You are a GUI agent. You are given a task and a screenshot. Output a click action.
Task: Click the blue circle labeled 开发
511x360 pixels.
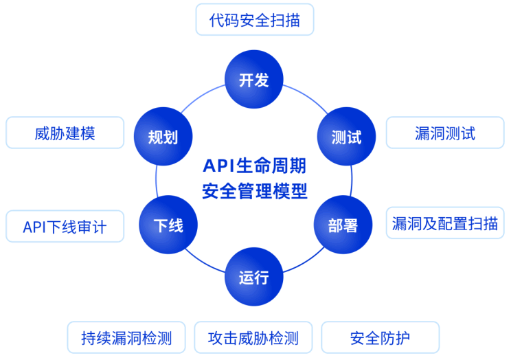pyautogui.click(x=254, y=80)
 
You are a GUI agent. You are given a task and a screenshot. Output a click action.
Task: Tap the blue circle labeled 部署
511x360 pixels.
pyautogui.click(x=342, y=225)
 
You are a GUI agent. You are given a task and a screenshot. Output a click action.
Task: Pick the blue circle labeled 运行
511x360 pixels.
pyautogui.click(x=254, y=278)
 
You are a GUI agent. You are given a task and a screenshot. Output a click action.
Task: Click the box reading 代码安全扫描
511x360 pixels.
pyautogui.click(x=255, y=19)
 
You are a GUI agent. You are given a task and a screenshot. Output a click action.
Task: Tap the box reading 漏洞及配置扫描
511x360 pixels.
pyautogui.click(x=445, y=223)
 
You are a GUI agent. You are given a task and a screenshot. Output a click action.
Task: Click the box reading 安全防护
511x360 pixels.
pyautogui.click(x=381, y=337)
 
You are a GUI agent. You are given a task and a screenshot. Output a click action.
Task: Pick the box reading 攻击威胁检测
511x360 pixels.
pyautogui.click(x=253, y=337)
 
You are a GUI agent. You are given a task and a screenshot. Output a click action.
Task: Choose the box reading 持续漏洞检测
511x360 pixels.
pyautogui.click(x=126, y=337)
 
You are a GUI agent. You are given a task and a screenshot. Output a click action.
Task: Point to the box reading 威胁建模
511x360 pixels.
pyautogui.click(x=65, y=133)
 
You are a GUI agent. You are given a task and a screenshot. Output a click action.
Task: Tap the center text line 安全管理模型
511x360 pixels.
pyautogui.click(x=254, y=190)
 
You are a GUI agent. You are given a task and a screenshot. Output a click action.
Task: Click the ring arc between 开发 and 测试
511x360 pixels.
pyautogui.click(x=304, y=95)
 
